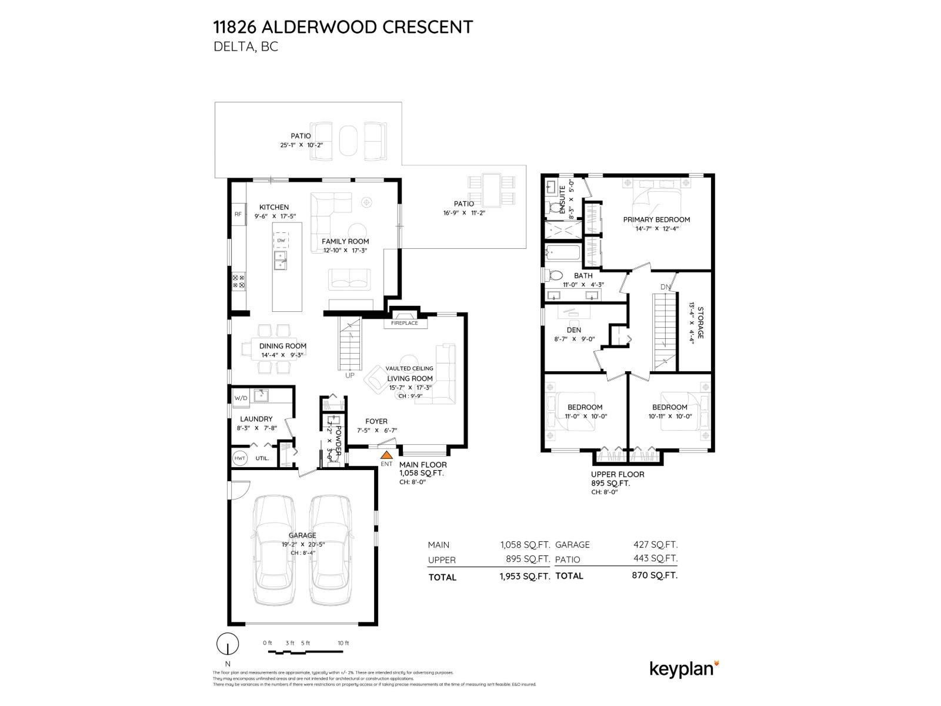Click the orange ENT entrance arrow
click(x=386, y=455)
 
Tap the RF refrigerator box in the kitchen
click(x=238, y=214)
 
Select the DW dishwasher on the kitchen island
click(x=281, y=240)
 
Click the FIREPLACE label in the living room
click(x=405, y=323)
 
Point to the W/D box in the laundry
click(x=241, y=398)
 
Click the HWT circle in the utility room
click(x=240, y=458)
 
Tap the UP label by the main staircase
click(x=350, y=375)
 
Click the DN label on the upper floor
click(x=665, y=287)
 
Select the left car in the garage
click(x=273, y=550)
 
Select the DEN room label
click(x=573, y=330)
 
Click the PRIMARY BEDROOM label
click(x=656, y=219)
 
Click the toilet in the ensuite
click(x=554, y=207)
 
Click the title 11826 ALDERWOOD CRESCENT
click(x=343, y=27)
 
